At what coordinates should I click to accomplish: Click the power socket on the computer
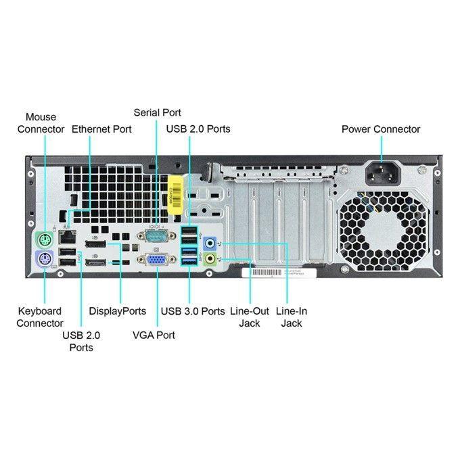[383, 175]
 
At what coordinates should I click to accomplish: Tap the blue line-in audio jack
[212, 241]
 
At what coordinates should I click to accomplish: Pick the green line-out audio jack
[212, 258]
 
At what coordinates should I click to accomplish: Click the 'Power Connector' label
[381, 129]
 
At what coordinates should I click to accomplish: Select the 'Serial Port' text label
[158, 113]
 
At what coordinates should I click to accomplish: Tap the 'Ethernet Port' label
[101, 129]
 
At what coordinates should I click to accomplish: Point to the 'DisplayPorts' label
[118, 311]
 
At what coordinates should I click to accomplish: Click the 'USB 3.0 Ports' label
[193, 311]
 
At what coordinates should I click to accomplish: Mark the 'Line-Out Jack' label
[250, 317]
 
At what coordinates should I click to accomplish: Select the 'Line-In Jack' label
[292, 317]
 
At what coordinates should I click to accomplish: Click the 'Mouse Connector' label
[41, 123]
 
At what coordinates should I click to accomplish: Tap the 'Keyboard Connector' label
[40, 317]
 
